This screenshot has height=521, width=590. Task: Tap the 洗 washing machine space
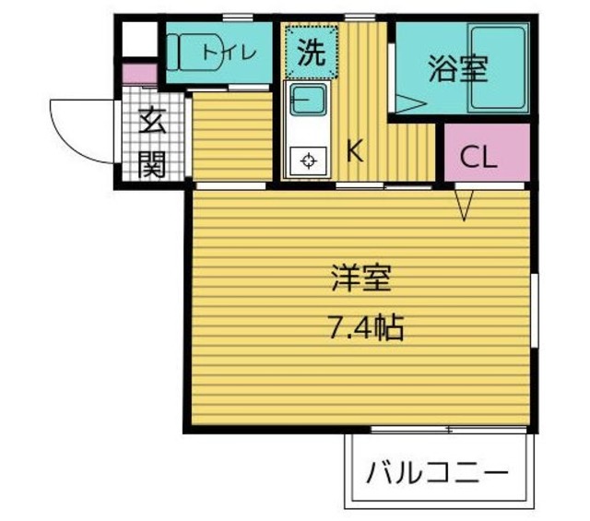click(312, 52)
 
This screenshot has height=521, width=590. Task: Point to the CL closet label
click(478, 157)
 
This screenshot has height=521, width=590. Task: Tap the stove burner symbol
click(306, 161)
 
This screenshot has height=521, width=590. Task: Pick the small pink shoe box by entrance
click(139, 73)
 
